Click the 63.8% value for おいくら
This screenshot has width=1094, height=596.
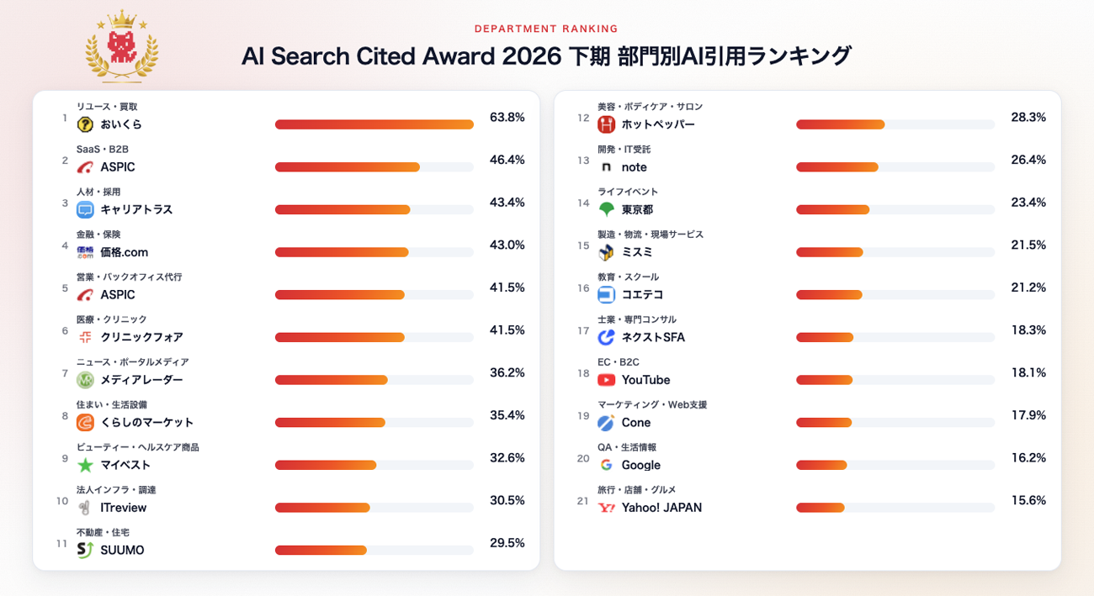[x=507, y=118]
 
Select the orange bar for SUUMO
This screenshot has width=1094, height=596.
[x=321, y=550]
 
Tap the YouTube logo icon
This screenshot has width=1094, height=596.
[x=606, y=380]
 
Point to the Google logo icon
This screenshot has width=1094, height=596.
[x=606, y=465]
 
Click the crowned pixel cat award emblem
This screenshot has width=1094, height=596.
[x=122, y=47]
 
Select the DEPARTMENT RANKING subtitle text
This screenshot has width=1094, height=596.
[x=546, y=29]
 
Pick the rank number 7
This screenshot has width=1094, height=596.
[x=65, y=373]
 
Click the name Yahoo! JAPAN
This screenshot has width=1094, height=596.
[x=661, y=508]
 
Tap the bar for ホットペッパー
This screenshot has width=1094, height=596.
[x=840, y=124]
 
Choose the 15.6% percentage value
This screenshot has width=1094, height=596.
[x=1028, y=500]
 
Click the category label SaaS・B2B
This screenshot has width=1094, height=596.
[x=102, y=150]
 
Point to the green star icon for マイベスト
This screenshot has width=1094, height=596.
[x=86, y=466]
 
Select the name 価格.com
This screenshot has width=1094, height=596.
[x=124, y=252]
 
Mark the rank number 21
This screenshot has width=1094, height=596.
[x=582, y=501]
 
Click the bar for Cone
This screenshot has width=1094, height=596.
[x=824, y=422]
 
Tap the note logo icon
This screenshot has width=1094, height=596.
[x=606, y=167]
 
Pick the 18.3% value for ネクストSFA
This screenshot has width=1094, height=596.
[x=1028, y=330]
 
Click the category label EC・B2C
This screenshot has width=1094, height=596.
[x=618, y=362]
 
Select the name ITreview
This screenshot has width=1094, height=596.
[x=123, y=508]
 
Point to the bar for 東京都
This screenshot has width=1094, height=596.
[x=833, y=209]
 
